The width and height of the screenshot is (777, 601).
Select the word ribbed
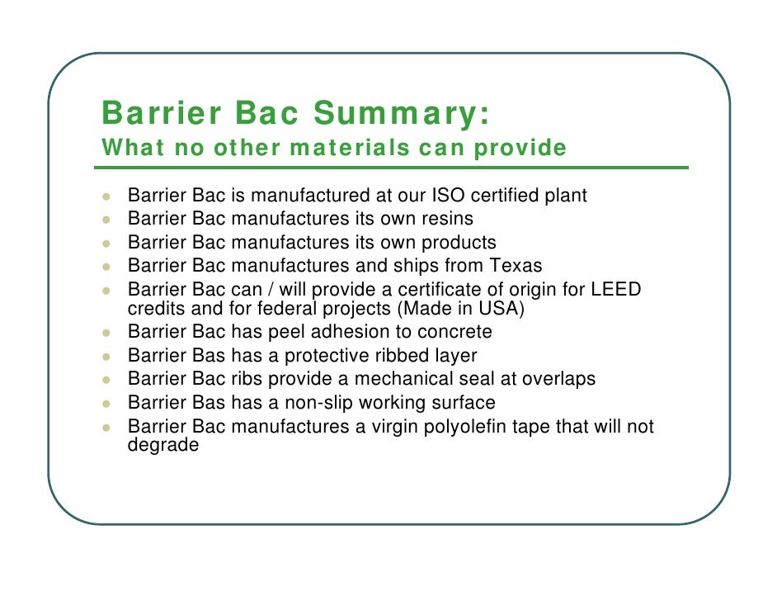click(x=405, y=356)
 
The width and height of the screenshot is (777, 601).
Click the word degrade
click(x=163, y=445)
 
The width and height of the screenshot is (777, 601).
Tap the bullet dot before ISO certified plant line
click(x=106, y=197)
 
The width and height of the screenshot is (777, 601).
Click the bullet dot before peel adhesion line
click(x=106, y=334)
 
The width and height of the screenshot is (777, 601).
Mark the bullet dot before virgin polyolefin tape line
click(x=106, y=428)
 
